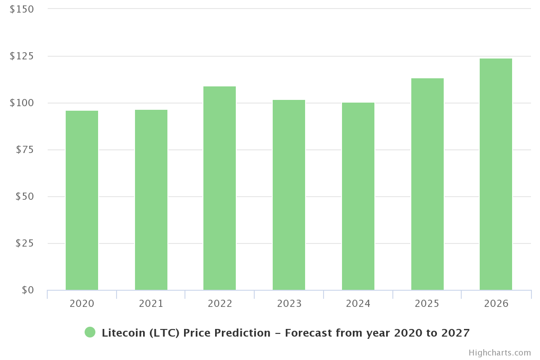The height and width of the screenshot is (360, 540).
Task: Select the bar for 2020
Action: tap(82, 200)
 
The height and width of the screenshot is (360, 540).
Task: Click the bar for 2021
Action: tap(151, 200)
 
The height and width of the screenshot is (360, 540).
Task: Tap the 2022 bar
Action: tap(220, 188)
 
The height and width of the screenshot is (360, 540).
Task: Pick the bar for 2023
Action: tap(289, 195)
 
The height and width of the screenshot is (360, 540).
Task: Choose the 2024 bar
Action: tap(358, 196)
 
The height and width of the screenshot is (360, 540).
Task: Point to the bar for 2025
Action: tap(427, 184)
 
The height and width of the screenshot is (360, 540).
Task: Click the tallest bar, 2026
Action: tap(496, 174)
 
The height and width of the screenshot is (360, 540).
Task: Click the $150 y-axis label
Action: tap(22, 9)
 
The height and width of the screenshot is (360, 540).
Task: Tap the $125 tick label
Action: tap(22, 56)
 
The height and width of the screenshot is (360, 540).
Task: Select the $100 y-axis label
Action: tap(22, 103)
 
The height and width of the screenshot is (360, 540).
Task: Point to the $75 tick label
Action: tap(25, 149)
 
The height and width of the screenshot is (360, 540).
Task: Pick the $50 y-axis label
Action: tap(25, 196)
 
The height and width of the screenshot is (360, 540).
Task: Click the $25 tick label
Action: tap(25, 243)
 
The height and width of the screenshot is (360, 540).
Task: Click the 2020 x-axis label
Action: tap(82, 304)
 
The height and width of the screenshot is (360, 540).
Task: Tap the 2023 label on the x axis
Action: tap(289, 304)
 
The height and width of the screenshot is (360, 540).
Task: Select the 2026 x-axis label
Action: tap(496, 304)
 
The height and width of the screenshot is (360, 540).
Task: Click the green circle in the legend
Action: tap(90, 333)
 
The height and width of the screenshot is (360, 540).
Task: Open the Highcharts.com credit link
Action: tap(499, 353)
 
